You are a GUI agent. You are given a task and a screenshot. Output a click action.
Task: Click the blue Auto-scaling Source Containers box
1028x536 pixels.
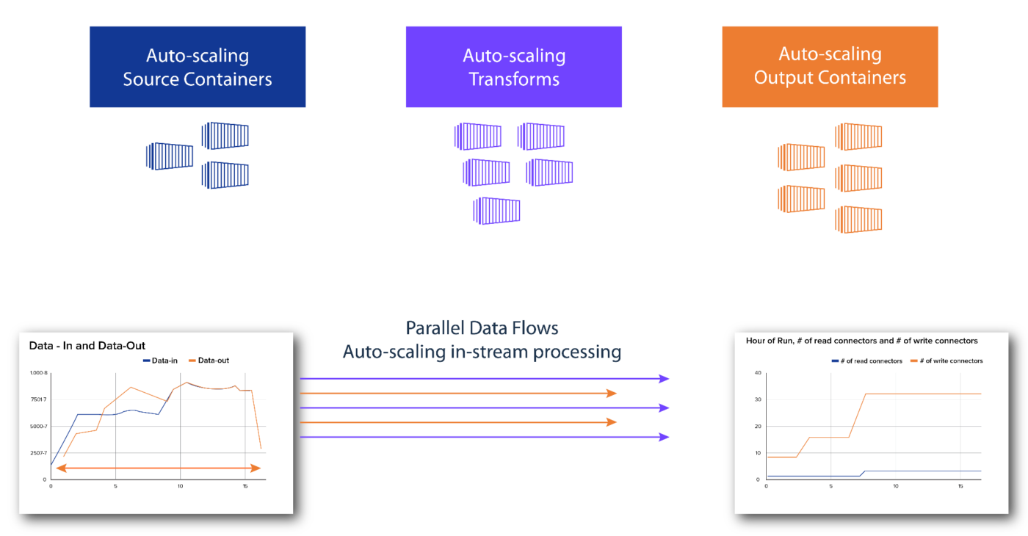click(x=197, y=67)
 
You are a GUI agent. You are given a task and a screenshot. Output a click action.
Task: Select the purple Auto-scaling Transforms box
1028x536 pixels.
click(x=513, y=67)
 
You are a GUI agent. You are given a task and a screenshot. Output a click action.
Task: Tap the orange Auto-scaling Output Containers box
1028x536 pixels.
click(x=830, y=66)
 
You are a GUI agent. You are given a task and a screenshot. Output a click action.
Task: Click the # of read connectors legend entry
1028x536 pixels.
click(x=866, y=361)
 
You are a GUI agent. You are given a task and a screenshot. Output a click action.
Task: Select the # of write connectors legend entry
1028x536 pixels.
click(x=946, y=361)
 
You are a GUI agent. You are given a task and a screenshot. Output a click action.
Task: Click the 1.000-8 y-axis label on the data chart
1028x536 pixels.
click(x=38, y=373)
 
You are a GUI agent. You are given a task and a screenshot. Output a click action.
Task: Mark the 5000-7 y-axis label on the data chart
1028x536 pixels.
click(x=38, y=427)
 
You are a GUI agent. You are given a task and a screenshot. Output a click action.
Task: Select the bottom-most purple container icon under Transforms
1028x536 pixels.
click(x=497, y=210)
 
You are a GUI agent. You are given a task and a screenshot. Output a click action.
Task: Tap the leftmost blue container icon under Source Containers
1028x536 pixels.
click(x=170, y=156)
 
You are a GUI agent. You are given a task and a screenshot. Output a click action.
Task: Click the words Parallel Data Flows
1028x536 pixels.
click(x=482, y=327)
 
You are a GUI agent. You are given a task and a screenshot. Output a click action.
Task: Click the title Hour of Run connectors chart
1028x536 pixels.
click(x=861, y=341)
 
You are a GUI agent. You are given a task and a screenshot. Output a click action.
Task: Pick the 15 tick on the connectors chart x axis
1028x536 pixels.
click(x=960, y=486)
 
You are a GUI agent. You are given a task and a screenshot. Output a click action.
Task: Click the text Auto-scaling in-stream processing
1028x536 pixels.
click(x=482, y=352)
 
